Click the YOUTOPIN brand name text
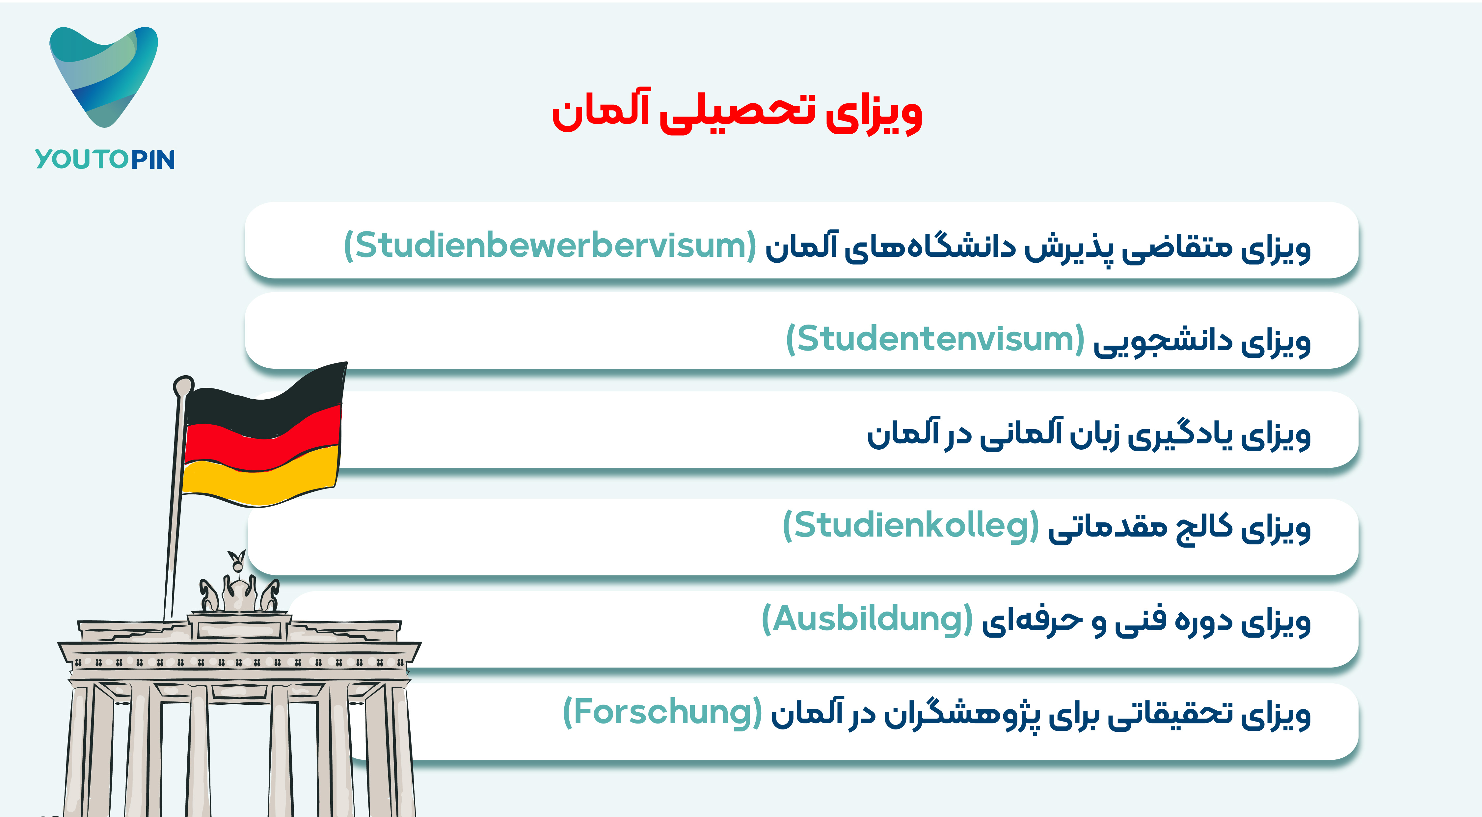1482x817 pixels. click(105, 159)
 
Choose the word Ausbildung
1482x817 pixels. click(867, 619)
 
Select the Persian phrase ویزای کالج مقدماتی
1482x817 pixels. click(1179, 528)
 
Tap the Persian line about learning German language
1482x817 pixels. click(1089, 435)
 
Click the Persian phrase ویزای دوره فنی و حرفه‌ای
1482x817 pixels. click(1146, 621)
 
